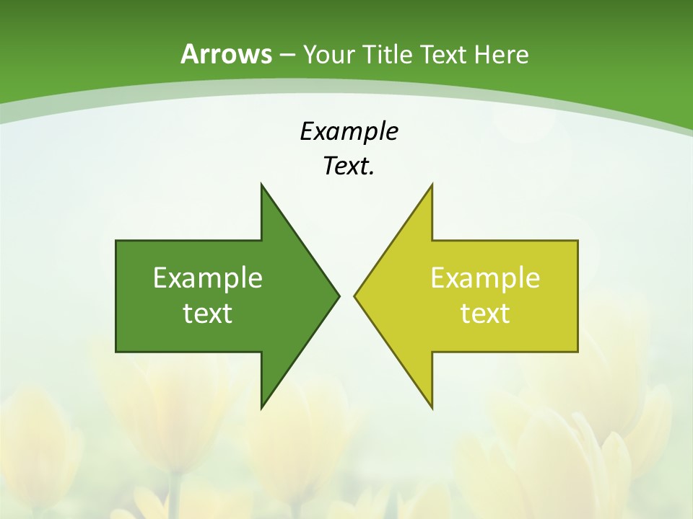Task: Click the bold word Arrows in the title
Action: [227, 54]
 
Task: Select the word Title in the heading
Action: [386, 54]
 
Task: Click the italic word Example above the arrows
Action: [349, 131]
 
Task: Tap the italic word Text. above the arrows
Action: [348, 166]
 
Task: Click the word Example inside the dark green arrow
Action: [208, 278]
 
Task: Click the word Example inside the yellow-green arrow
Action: [485, 278]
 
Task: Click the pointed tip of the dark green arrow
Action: [339, 296]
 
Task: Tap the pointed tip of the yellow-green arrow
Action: [354, 296]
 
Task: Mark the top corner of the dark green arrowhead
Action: [261, 185]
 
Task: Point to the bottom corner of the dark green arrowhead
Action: [261, 408]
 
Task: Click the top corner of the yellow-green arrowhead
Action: [432, 185]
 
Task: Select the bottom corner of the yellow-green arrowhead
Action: [432, 408]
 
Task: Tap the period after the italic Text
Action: [372, 174]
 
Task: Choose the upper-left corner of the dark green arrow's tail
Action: [116, 241]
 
